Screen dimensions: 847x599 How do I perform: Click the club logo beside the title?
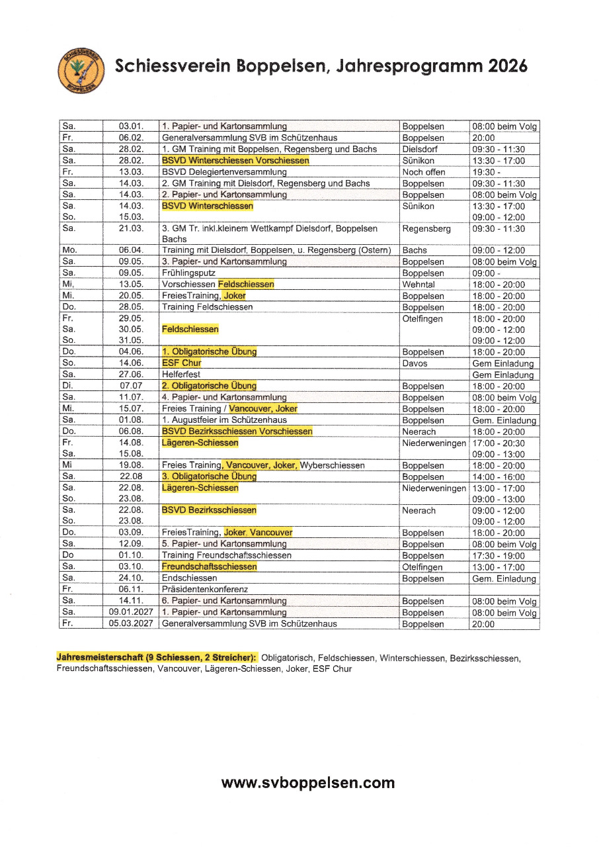[x=81, y=69]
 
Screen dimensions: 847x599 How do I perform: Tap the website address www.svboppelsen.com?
[x=307, y=783]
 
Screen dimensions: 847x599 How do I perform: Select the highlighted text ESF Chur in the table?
[x=182, y=363]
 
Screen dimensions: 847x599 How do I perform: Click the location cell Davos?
[x=415, y=363]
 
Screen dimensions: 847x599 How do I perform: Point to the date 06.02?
[x=131, y=138]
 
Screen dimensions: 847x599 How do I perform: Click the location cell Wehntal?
[x=419, y=285]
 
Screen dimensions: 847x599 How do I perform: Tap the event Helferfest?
[x=180, y=375]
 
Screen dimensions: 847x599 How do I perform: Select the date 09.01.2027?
[x=131, y=613]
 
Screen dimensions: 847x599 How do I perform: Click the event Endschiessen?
[x=190, y=578]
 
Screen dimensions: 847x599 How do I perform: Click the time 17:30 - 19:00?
[x=499, y=556]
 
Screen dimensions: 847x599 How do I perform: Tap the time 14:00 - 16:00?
[x=499, y=476]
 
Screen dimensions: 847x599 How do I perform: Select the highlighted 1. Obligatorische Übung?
[x=209, y=352]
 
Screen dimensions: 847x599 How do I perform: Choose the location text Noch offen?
[x=422, y=172]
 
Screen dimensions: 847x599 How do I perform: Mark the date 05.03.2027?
[x=131, y=624]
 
